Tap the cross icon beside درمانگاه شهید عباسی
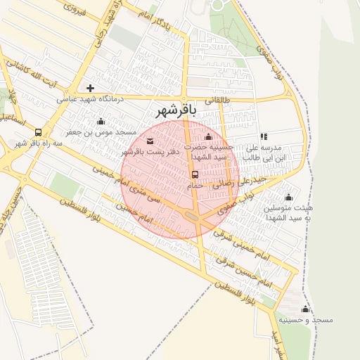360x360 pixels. coord(90,88)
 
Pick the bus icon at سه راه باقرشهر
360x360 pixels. coord(37,131)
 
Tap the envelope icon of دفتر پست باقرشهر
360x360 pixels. coord(150,141)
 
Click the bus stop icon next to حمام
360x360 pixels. coord(195,174)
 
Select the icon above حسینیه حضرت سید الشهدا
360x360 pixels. coord(208,136)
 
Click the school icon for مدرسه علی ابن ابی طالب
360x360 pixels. coord(264,137)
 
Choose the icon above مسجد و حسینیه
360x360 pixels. coord(305,309)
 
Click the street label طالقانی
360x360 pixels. coord(217,101)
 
